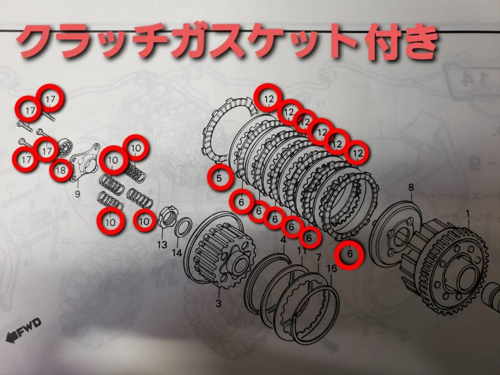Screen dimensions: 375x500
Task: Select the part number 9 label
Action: tap(77, 194)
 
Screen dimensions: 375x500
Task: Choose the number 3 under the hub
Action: tap(219, 304)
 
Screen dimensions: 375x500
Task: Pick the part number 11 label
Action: tap(302, 251)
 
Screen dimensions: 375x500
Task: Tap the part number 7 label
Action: tap(318, 257)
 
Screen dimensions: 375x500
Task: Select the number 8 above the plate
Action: tap(411, 187)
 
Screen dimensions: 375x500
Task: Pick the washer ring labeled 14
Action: tap(183, 226)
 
